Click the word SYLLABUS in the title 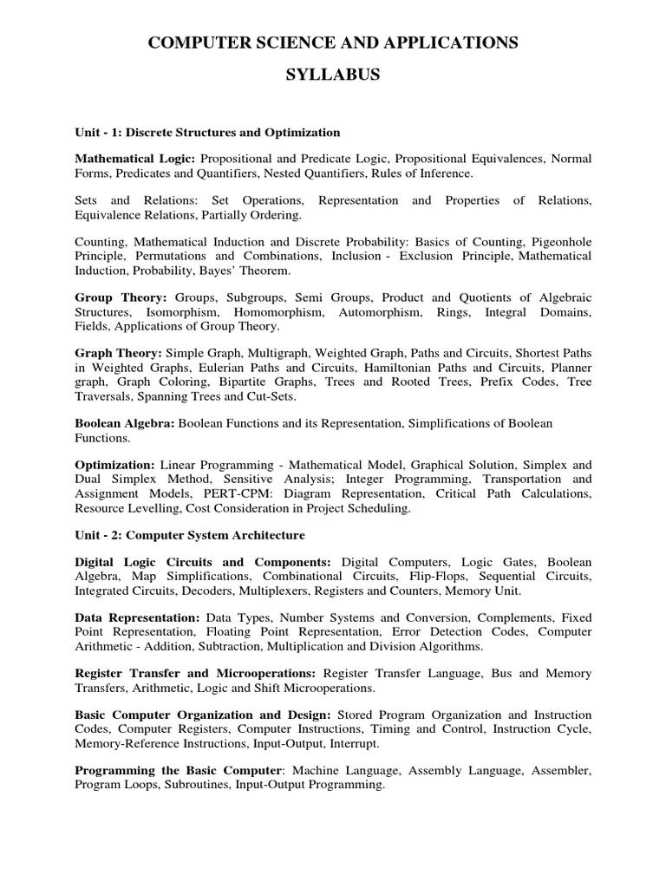(333, 75)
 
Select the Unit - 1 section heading (207, 133)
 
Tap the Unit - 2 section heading (190, 535)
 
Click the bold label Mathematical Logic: (136, 160)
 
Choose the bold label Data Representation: (138, 618)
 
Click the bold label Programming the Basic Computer (179, 770)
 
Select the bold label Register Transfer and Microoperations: (197, 674)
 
